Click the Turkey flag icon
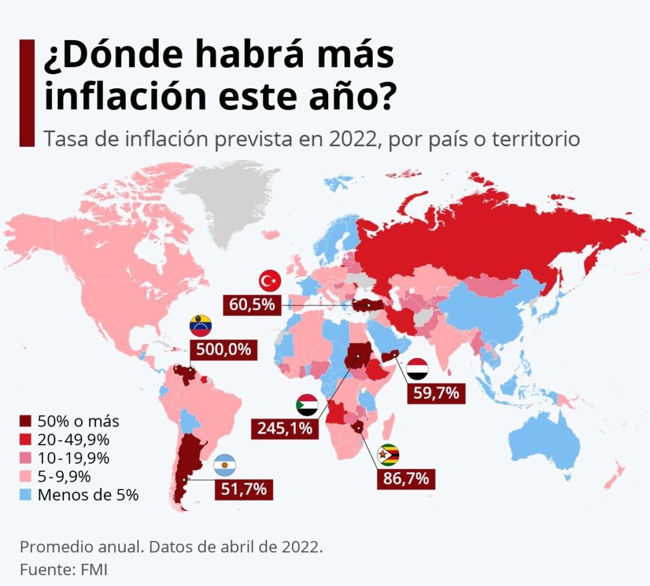[x=270, y=280]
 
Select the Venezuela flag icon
[x=201, y=326]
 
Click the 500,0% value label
[x=223, y=349]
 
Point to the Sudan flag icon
[x=308, y=405]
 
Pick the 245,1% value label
[x=285, y=428]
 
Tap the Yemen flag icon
[x=417, y=369]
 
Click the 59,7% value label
[x=436, y=393]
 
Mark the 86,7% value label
[x=406, y=478]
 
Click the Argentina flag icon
[x=225, y=465]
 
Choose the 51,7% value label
[x=244, y=489]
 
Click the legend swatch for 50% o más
[x=25, y=421]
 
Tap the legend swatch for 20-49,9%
[x=25, y=439]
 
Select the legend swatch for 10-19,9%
[x=25, y=458]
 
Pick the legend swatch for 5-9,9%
[x=25, y=476]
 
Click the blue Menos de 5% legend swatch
[x=25, y=495]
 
